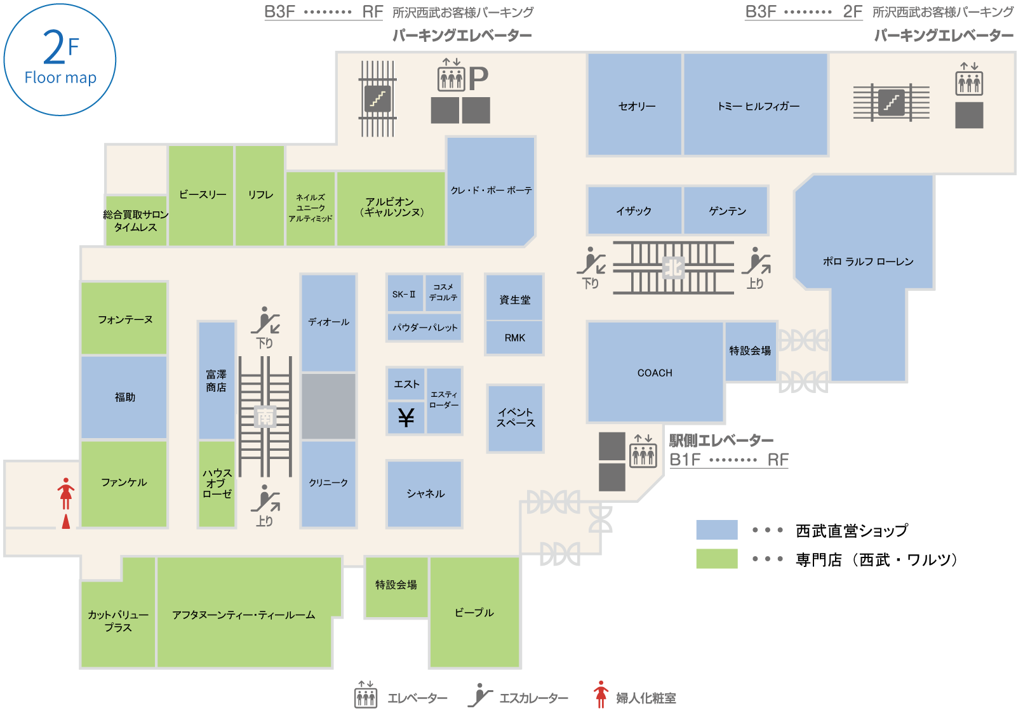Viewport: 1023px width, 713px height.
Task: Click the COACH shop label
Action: click(655, 373)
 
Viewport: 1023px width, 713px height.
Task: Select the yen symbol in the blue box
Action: click(406, 417)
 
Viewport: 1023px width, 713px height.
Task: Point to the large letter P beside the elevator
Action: click(478, 79)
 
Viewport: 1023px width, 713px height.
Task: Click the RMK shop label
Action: click(515, 338)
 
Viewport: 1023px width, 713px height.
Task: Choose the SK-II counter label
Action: click(404, 295)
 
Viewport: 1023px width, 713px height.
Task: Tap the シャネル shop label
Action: click(425, 494)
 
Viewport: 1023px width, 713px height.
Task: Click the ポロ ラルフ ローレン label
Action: click(867, 262)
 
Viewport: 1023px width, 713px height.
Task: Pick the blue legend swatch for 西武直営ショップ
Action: click(716, 530)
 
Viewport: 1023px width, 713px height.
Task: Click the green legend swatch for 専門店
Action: click(716, 559)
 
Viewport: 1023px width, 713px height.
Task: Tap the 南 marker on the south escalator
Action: click(265, 416)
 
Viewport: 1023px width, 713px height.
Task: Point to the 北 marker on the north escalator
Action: click(672, 267)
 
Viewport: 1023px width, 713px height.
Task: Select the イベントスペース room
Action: click(516, 418)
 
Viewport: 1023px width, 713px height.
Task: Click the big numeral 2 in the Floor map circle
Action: click(54, 48)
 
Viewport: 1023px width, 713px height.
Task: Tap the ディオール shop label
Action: click(328, 323)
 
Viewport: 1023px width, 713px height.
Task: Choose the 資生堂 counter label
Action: click(514, 300)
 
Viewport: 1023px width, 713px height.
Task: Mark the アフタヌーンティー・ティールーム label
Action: click(243, 615)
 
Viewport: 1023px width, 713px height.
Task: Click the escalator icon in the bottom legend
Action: click(480, 696)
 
